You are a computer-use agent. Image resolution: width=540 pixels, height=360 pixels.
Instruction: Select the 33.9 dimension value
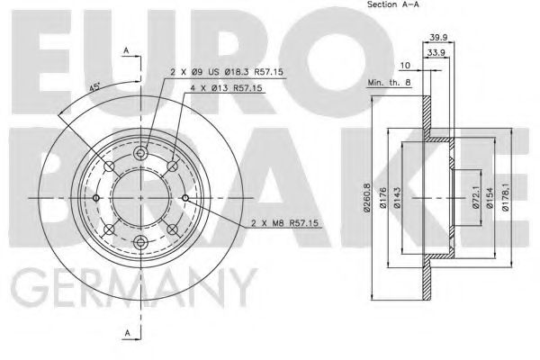point(437,52)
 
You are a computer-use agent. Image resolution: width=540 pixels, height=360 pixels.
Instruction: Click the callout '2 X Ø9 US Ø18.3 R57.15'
point(220,71)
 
